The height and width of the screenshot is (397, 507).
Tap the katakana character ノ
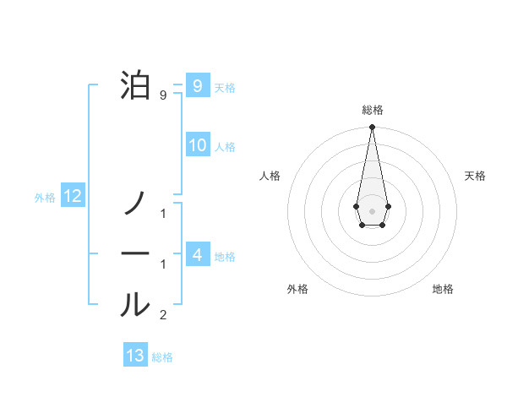click(135, 202)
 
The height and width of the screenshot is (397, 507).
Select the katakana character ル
click(135, 304)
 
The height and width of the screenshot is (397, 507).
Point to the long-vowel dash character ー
click(135, 253)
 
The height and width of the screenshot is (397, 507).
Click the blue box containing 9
click(197, 85)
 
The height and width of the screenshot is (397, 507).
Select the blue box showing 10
click(197, 144)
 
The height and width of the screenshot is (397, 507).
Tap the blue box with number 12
click(73, 197)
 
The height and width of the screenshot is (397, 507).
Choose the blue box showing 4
click(197, 254)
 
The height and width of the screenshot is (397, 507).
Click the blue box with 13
click(135, 356)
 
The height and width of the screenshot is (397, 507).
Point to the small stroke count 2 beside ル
click(163, 316)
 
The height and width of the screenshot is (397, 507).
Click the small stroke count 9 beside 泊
click(163, 95)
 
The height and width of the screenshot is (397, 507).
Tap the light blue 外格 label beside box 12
click(45, 198)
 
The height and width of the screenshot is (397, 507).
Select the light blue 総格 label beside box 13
click(162, 357)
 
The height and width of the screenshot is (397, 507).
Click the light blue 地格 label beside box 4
click(225, 256)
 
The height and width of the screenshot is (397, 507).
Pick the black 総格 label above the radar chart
click(372, 110)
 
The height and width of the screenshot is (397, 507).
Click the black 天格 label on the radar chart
click(475, 176)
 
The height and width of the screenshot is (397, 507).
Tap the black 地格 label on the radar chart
click(443, 289)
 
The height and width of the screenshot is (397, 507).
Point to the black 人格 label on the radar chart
click(270, 176)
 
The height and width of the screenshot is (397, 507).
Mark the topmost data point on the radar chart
click(372, 127)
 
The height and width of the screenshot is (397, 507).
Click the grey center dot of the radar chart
click(372, 209)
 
